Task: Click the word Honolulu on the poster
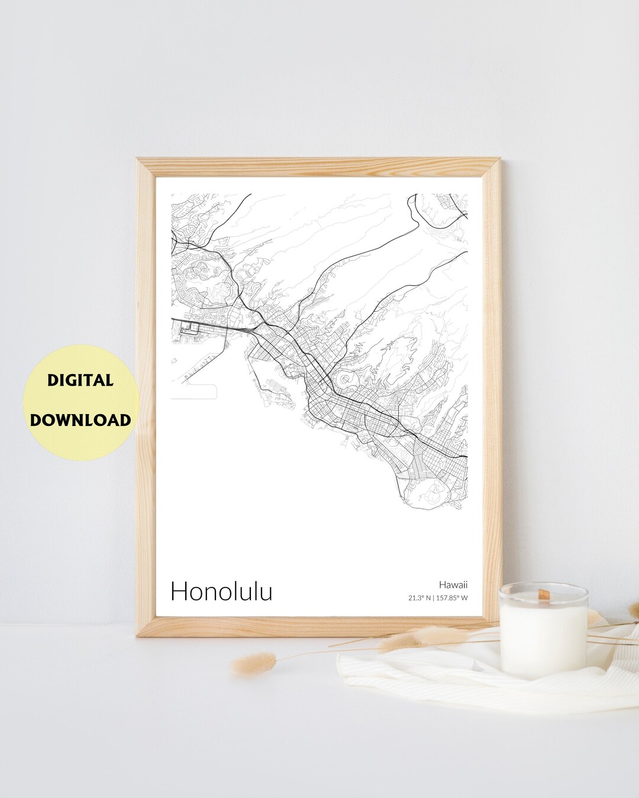pyautogui.click(x=221, y=591)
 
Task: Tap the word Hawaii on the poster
pyautogui.click(x=453, y=584)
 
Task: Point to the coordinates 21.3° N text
pyautogui.click(x=418, y=597)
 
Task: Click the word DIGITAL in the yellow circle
pyautogui.click(x=80, y=380)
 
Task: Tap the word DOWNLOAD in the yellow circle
pyautogui.click(x=80, y=420)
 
